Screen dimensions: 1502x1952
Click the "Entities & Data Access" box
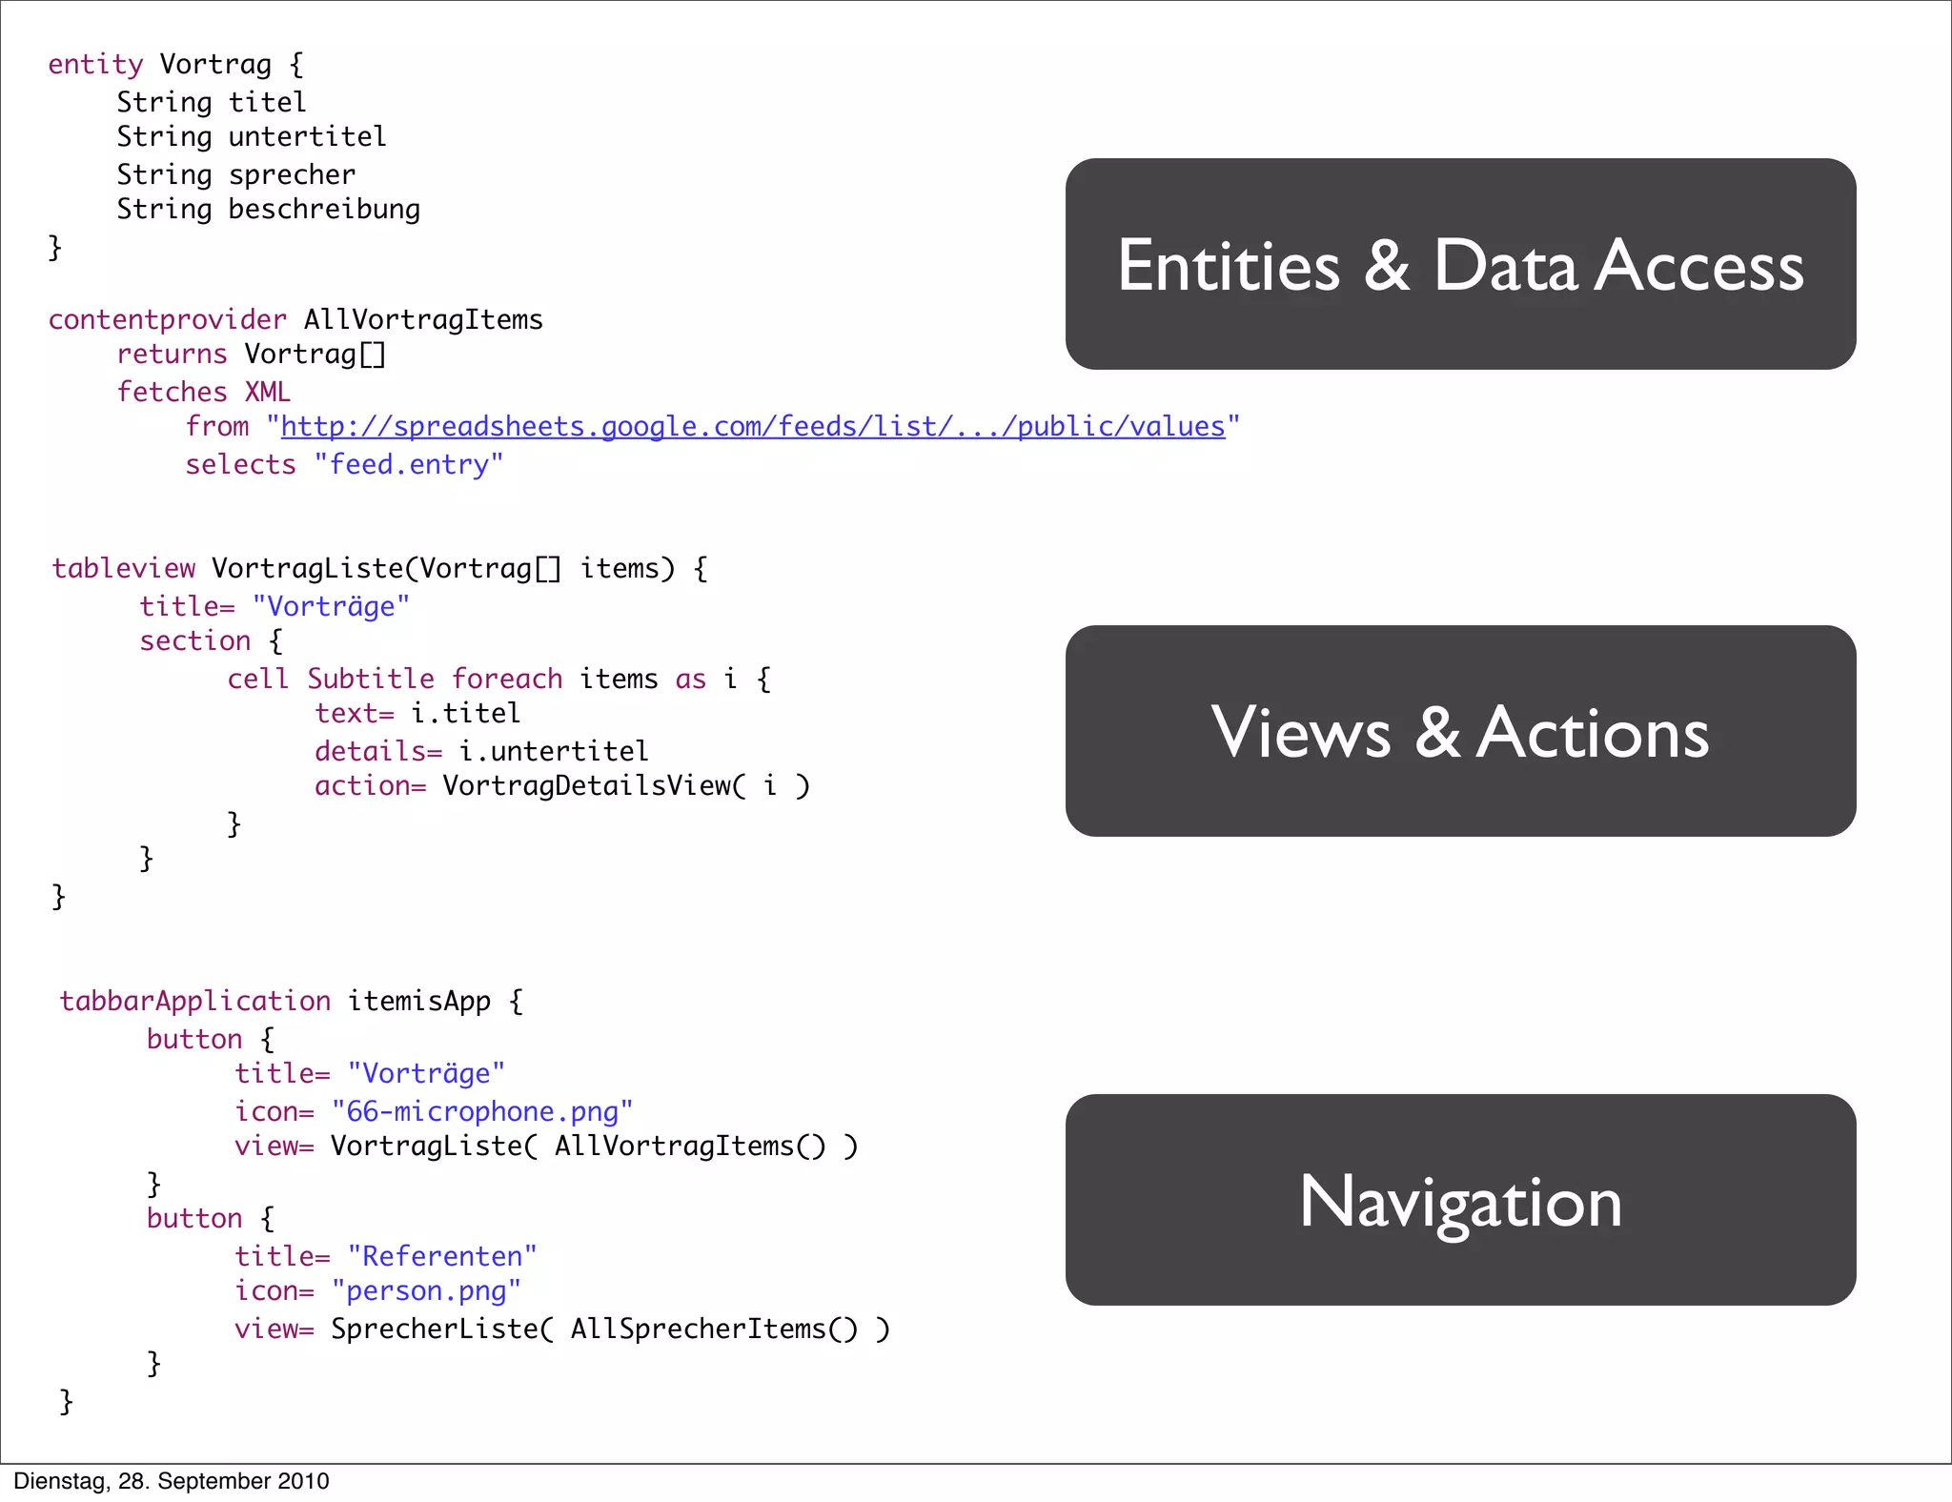coord(1460,264)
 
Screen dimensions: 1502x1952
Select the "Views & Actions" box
coord(1460,731)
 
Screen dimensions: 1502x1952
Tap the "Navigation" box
coord(1460,1200)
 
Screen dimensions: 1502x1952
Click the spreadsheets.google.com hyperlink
coord(752,426)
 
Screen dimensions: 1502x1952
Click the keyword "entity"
coord(95,64)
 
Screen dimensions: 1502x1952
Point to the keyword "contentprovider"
coord(167,319)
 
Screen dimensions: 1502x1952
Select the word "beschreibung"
coord(324,209)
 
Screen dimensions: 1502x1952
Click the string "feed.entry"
coord(409,464)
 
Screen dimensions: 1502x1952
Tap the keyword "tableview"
coord(124,568)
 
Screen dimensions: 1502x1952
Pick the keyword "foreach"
coord(507,679)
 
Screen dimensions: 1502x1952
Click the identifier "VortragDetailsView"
coord(587,785)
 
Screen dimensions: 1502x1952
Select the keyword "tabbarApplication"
coord(195,1001)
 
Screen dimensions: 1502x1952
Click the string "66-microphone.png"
coord(481,1111)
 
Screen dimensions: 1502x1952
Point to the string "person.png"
coord(426,1290)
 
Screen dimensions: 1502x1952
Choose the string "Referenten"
coord(441,1256)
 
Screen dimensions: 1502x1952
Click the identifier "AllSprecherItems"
coord(698,1329)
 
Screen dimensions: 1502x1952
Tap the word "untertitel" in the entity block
coord(307,136)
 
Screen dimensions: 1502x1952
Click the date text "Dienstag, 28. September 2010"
coord(172,1481)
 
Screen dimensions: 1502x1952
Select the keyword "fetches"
coord(172,392)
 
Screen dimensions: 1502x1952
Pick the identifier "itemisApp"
coord(419,1001)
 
